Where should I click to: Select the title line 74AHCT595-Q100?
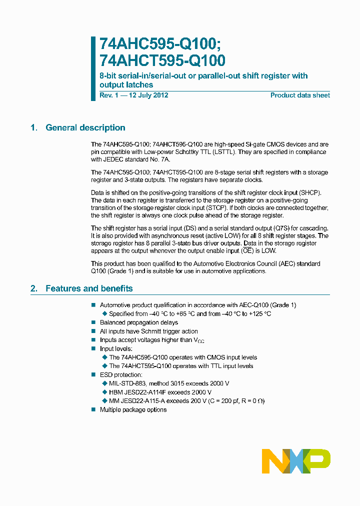162,60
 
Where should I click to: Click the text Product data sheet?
300,95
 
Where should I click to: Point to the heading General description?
85,127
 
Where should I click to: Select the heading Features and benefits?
89,288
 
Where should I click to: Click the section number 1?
33,127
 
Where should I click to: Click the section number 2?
33,288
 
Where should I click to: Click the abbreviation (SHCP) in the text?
310,192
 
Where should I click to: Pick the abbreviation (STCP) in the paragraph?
211,207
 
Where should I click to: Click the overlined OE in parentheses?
245,250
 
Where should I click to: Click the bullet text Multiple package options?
133,409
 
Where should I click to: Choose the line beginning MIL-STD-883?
169,383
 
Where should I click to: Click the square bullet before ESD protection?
93,375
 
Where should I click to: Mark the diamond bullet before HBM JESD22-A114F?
104,392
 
